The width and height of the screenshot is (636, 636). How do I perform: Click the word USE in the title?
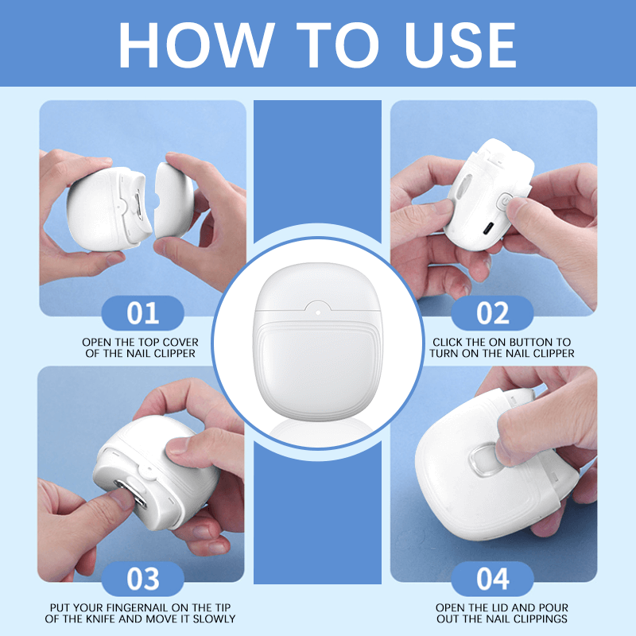coord(460,45)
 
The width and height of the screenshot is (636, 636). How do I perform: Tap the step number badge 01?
coord(143,312)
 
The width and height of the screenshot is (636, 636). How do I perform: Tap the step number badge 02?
coord(492,312)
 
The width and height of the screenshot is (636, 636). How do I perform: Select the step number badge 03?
coord(143,579)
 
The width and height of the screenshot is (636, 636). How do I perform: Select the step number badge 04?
coord(492,579)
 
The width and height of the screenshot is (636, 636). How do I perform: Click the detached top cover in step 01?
coord(173,200)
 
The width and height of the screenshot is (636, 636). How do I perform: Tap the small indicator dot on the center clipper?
coord(318,312)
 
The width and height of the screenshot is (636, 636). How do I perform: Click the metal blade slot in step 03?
coord(130,493)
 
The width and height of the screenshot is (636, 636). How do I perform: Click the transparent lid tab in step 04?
coord(483,461)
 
